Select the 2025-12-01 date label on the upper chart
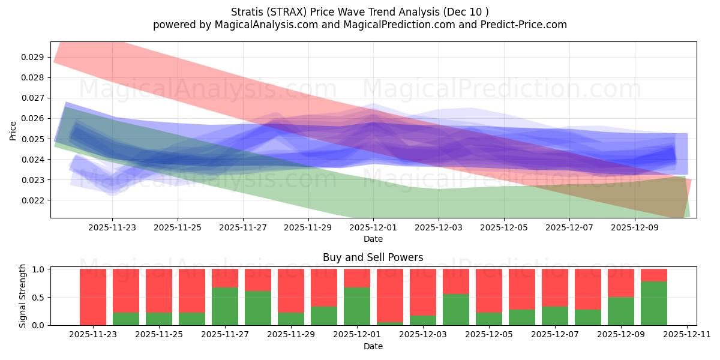point(373,228)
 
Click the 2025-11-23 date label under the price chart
point(112,228)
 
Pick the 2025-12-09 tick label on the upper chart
point(634,228)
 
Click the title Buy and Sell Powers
point(373,257)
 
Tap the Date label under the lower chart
point(373,346)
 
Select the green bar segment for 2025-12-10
point(654,304)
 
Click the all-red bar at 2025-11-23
point(93,297)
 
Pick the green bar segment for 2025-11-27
point(225,307)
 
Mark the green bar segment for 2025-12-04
point(456,310)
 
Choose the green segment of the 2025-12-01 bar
point(357,307)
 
